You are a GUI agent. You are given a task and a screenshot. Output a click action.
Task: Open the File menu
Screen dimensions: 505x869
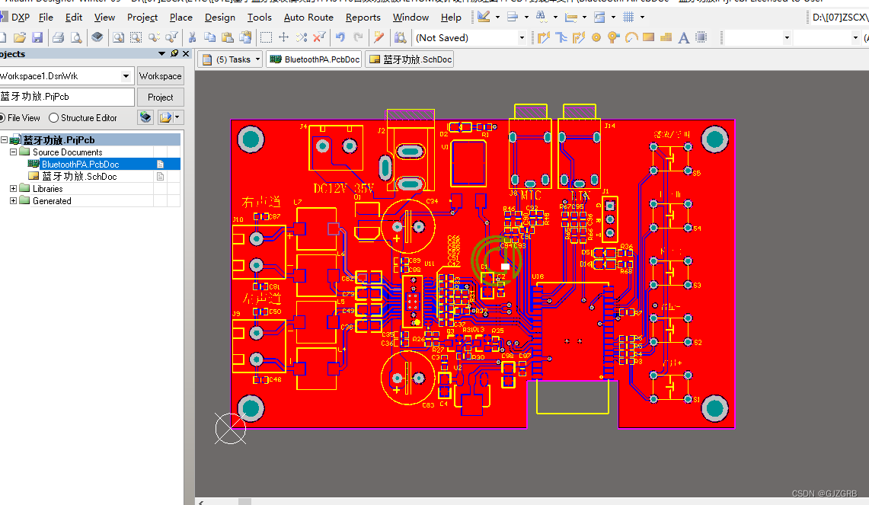(x=46, y=17)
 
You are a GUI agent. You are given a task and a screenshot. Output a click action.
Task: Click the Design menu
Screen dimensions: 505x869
(x=219, y=17)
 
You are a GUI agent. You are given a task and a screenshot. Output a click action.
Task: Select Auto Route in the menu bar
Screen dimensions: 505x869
(x=308, y=17)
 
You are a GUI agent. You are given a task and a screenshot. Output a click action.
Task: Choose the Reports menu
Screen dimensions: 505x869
(x=363, y=17)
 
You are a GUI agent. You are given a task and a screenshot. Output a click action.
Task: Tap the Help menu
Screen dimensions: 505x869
(x=451, y=17)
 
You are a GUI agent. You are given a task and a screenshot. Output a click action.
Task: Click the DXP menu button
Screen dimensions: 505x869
(x=14, y=17)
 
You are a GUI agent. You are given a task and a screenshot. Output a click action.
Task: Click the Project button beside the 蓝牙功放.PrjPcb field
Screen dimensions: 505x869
(x=160, y=97)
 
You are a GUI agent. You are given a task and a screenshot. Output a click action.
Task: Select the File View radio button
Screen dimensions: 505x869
(x=3, y=118)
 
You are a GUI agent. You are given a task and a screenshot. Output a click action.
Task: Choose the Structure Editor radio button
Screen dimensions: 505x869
(x=54, y=118)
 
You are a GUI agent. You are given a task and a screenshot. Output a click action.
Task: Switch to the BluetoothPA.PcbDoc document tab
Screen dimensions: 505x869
(x=315, y=59)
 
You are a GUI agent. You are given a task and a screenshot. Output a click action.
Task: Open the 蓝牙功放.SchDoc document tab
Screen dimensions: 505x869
(x=410, y=59)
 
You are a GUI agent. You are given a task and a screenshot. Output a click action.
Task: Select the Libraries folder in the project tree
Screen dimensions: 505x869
(x=47, y=189)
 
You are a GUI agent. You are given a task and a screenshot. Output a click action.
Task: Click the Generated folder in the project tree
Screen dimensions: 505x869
(x=52, y=201)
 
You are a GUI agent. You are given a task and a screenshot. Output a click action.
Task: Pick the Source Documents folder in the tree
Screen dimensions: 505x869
(x=67, y=152)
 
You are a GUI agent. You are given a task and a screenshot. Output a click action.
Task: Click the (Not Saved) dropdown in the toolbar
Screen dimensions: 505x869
(x=470, y=37)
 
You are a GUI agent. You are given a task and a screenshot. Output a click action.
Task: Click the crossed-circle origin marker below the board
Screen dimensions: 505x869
(x=229, y=429)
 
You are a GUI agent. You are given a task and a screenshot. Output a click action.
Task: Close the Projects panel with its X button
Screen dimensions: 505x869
(x=186, y=53)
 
